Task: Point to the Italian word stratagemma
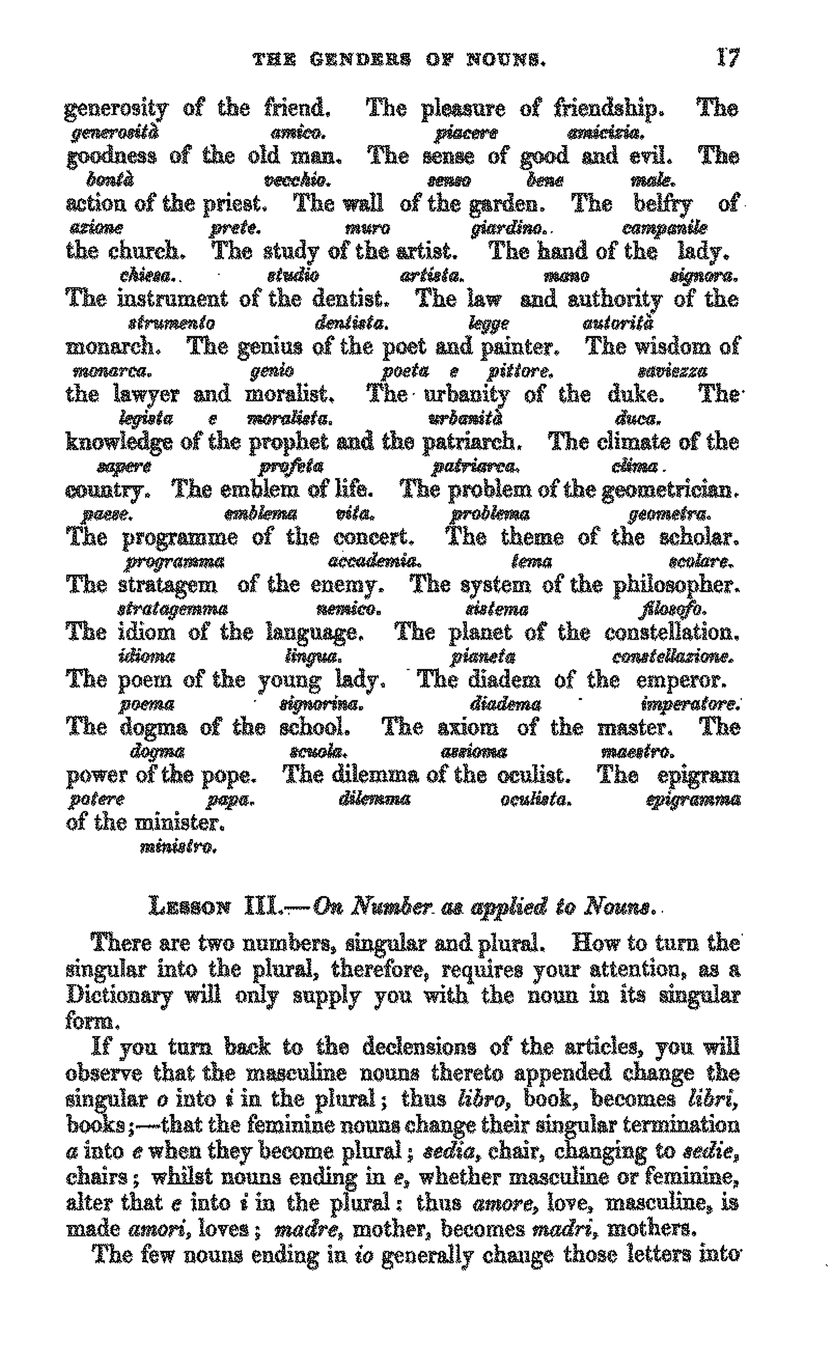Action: [x=173, y=609]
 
